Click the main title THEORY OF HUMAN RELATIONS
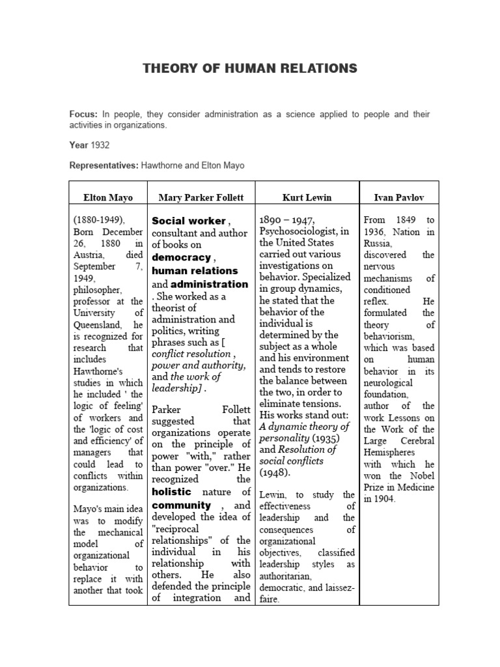tap(250, 68)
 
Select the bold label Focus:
tap(83, 114)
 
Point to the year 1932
tap(101, 145)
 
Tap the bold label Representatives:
tap(103, 165)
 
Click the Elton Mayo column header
tap(107, 196)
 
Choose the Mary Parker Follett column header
tap(201, 196)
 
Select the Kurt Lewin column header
tap(306, 196)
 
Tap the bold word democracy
tap(182, 258)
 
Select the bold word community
tap(182, 505)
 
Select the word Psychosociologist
tap(299, 232)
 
